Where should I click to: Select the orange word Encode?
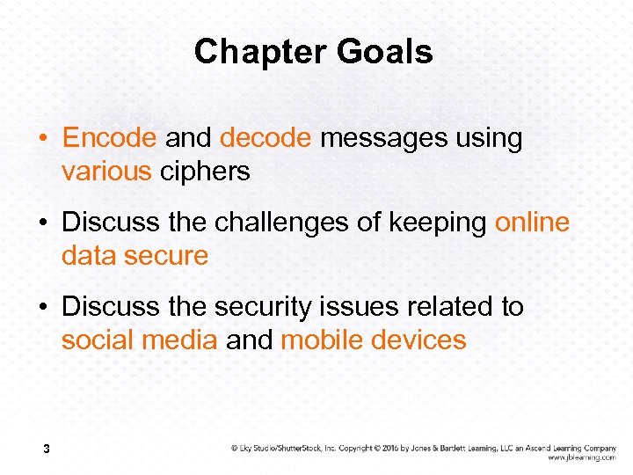pyautogui.click(x=110, y=138)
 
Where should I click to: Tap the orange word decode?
pyautogui.click(x=266, y=138)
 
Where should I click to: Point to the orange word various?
pyautogui.click(x=106, y=171)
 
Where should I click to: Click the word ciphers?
pyautogui.click(x=205, y=171)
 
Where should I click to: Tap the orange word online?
pyautogui.click(x=532, y=223)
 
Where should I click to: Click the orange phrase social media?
pyautogui.click(x=139, y=340)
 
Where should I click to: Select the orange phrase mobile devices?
pyautogui.click(x=374, y=340)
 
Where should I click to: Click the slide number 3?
pyautogui.click(x=46, y=450)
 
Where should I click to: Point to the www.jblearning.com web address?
pyautogui.click(x=581, y=457)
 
